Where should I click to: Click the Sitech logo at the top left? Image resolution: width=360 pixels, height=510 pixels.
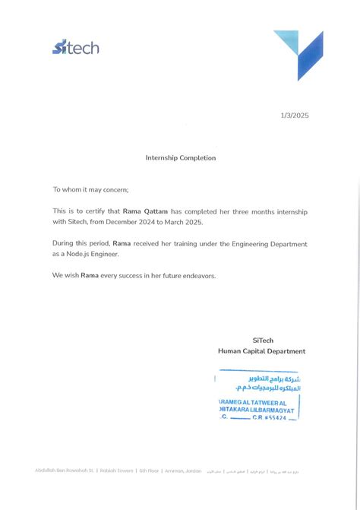pyautogui.click(x=75, y=48)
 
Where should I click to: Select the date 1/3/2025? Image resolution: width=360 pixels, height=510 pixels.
pyautogui.click(x=295, y=116)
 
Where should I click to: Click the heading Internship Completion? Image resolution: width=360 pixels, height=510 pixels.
pyautogui.click(x=181, y=158)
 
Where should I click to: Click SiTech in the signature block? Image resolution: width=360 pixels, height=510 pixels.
pyautogui.click(x=263, y=341)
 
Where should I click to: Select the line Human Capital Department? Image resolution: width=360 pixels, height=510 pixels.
pyautogui.click(x=261, y=351)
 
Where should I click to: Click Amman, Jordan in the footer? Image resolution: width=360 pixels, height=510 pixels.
pyautogui.click(x=184, y=471)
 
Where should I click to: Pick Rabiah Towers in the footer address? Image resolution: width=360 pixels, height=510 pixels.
pyautogui.click(x=117, y=471)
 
